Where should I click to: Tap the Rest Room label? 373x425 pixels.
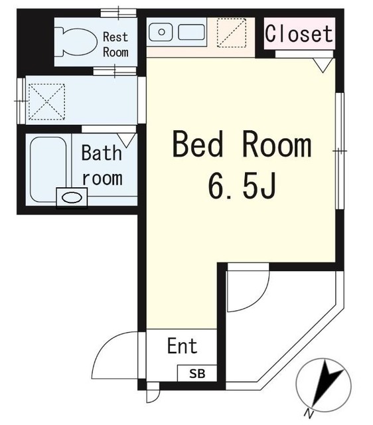[115, 44]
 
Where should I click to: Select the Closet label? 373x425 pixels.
[299, 33]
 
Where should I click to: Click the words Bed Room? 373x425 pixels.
[242, 145]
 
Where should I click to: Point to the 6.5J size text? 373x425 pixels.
[242, 187]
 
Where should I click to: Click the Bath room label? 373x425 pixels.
[102, 165]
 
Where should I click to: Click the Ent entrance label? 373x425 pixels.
[181, 346]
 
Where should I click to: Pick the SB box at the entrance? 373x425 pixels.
[198, 373]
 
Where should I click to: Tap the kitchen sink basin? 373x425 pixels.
[192, 32]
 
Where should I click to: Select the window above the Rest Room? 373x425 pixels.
[119, 12]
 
